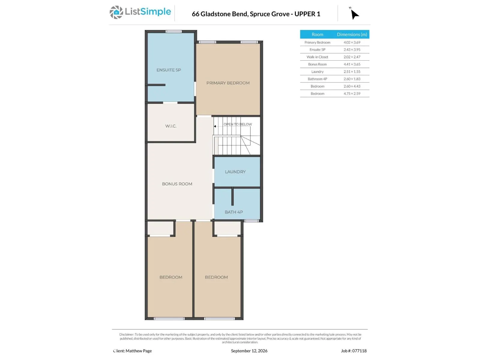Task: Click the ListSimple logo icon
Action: click(x=116, y=12)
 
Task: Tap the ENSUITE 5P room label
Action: click(x=169, y=70)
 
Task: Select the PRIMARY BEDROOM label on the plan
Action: click(x=228, y=83)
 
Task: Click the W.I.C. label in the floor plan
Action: click(x=171, y=126)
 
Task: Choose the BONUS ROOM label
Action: click(x=177, y=184)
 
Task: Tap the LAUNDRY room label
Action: click(x=235, y=172)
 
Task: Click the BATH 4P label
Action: click(x=234, y=212)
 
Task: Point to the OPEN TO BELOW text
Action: click(x=238, y=124)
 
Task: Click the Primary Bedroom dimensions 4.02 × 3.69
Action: click(x=352, y=42)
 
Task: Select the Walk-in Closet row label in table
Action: click(x=317, y=57)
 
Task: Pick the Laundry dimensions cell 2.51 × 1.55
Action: click(x=352, y=72)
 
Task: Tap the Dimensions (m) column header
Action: click(x=352, y=34)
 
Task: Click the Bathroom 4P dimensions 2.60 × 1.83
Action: click(x=352, y=79)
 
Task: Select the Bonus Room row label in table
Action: click(x=317, y=64)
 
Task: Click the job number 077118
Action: click(x=360, y=351)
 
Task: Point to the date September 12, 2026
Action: click(x=249, y=351)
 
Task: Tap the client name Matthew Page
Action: click(x=139, y=351)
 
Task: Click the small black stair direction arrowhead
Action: click(x=215, y=126)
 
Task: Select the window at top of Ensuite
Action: click(x=174, y=31)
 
